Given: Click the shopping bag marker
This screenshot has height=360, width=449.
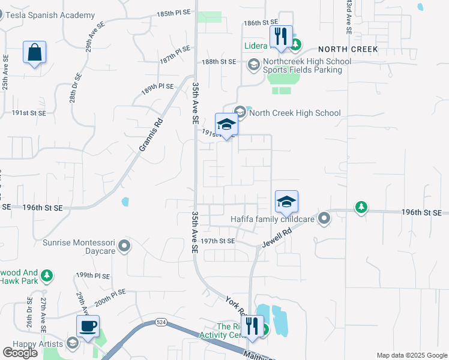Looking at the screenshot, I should click(x=35, y=52).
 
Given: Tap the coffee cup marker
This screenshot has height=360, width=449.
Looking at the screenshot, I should click(x=88, y=326).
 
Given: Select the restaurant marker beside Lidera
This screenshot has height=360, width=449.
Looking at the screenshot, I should click(x=280, y=37).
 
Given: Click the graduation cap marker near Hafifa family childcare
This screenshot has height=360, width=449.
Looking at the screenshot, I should click(x=287, y=202).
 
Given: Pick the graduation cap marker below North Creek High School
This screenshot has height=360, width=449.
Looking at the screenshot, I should click(x=226, y=125).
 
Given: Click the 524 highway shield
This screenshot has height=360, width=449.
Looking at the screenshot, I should click(x=160, y=322).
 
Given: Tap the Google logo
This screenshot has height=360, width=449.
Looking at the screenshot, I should click(x=20, y=353).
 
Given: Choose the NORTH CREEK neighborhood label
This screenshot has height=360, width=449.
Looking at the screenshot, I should click(x=348, y=49).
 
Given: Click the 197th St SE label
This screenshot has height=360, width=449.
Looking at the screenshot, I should click(x=217, y=241).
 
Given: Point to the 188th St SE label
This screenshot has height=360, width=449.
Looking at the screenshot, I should click(x=220, y=61).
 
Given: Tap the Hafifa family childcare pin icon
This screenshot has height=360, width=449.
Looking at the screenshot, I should click(x=324, y=218).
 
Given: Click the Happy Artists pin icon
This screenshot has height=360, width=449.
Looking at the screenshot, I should click(x=73, y=343).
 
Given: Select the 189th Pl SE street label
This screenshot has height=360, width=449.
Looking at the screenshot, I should click(x=157, y=88).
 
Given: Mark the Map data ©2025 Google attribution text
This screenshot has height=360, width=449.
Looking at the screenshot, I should click(x=411, y=355).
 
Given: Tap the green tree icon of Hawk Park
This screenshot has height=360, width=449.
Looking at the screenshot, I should click(x=47, y=276).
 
